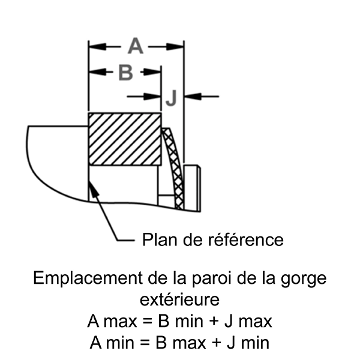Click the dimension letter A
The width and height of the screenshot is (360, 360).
[x=136, y=46]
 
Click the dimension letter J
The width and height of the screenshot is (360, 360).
[x=172, y=98]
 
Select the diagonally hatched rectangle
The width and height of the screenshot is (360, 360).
[x=125, y=139]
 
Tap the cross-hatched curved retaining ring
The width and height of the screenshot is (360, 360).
[x=172, y=168]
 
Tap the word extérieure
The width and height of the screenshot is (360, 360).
[x=179, y=299]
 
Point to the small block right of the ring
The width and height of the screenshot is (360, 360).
[x=192, y=187]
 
